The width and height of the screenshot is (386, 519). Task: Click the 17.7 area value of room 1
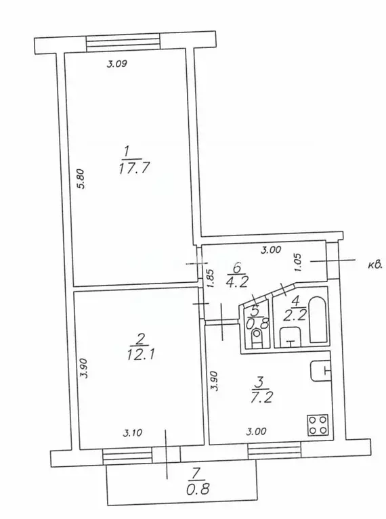tap(134, 168)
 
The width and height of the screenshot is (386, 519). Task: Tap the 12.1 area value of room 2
tap(141, 355)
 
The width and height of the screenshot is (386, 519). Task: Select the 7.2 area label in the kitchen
tap(263, 397)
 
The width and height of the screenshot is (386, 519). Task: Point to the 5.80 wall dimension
tap(81, 179)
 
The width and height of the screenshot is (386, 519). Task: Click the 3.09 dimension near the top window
tap(117, 64)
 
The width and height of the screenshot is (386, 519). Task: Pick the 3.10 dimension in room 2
tap(133, 432)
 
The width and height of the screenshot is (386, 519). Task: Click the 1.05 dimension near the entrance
tap(297, 263)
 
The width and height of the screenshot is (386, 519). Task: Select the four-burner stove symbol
tap(318, 425)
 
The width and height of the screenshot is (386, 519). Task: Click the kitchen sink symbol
tap(320, 370)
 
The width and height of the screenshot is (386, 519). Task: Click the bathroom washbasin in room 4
tap(291, 337)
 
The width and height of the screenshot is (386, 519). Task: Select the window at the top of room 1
tap(123, 43)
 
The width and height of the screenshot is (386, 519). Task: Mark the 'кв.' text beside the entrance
tap(375, 265)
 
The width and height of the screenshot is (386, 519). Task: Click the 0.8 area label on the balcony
tap(198, 489)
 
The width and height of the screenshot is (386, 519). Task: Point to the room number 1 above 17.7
tap(126, 152)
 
